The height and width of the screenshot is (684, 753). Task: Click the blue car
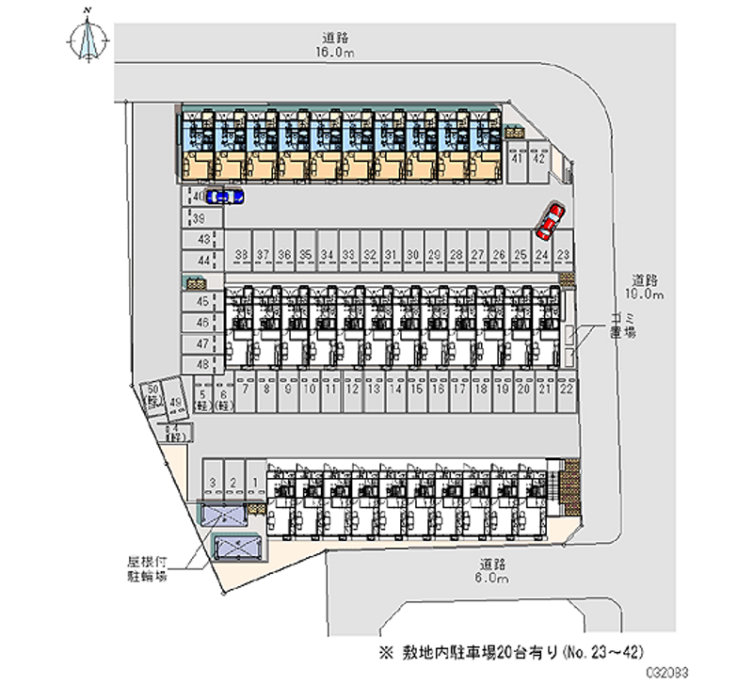point(224,196)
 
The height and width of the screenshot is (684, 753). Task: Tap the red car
point(549,220)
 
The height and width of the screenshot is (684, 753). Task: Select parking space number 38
point(242,255)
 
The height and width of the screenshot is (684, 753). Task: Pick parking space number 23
point(563,255)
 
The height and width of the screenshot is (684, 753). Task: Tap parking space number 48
point(201,362)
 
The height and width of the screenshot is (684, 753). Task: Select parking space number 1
point(255,482)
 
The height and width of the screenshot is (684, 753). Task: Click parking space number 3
point(214,482)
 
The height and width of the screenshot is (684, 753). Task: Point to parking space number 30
point(412,255)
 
